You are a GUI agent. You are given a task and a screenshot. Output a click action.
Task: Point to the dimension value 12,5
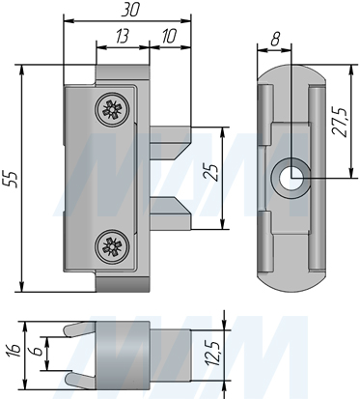coord(237,354)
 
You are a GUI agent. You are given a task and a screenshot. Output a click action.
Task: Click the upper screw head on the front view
coord(112,109)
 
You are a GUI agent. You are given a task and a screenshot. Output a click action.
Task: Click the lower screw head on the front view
coord(112,247)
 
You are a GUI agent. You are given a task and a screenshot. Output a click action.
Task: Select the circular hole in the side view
coord(289,177)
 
